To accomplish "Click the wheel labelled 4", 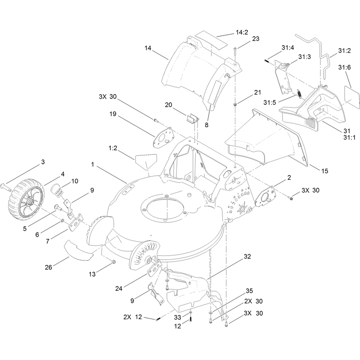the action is click(26, 200).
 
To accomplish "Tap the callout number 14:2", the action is click(242, 32).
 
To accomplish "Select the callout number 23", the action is click(256, 39).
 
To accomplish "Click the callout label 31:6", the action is click(344, 67).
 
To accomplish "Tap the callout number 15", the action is click(324, 171).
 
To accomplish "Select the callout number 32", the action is click(247, 256).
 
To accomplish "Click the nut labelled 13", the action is click(113, 262).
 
